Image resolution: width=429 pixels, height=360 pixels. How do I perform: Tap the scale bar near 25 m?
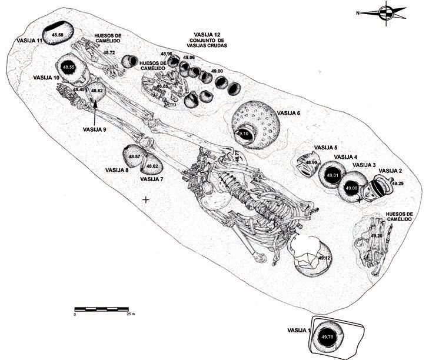102,309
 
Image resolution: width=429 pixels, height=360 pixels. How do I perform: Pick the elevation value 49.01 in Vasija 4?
333,176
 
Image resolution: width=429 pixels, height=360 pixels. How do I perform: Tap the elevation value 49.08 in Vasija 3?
351,188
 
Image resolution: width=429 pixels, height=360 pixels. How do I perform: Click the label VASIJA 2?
390,171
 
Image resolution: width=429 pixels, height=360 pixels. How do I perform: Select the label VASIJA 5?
325,148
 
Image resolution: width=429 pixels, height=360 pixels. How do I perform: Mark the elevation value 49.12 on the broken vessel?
323,258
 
